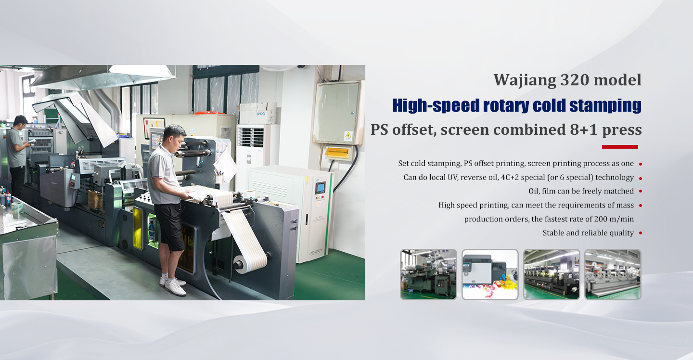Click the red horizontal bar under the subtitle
point(620,147)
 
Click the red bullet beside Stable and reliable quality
point(641,233)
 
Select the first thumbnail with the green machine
point(428,274)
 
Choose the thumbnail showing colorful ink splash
point(490,274)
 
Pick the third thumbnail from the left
point(552,274)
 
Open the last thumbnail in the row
point(613,274)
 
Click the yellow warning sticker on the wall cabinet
point(347,136)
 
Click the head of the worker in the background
point(20,121)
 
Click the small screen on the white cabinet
point(320,188)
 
